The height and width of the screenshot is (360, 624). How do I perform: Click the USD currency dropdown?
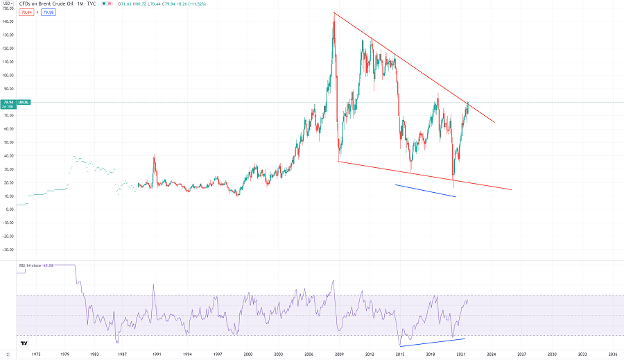pos(6,3)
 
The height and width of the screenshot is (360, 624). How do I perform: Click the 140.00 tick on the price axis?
pos(8,22)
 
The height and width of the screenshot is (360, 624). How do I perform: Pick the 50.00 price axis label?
pos(8,142)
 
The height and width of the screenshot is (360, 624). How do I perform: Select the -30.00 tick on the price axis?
pos(8,250)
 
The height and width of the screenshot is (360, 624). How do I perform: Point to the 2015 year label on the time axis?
pos(400,354)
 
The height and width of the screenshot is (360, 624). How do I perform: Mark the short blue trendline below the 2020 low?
pos(425,191)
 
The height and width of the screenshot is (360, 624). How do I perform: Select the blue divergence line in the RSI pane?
pos(432,342)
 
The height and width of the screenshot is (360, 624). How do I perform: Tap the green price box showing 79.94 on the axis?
pos(8,103)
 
